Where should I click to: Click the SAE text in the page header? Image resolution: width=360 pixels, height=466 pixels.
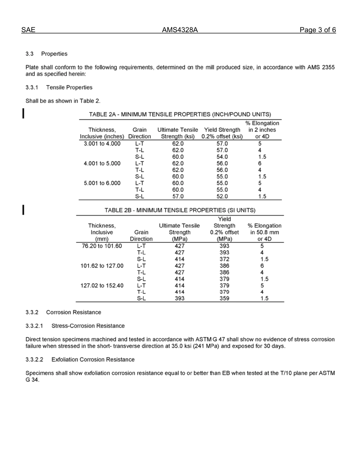(x=28, y=30)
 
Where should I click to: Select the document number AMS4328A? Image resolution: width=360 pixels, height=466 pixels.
(x=180, y=30)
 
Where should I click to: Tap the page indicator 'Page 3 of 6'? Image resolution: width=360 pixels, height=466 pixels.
(x=317, y=30)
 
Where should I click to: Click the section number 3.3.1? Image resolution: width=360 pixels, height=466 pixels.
(x=32, y=88)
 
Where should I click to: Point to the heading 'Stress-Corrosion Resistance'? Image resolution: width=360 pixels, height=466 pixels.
(x=88, y=326)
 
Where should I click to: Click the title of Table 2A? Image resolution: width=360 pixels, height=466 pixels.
(x=180, y=114)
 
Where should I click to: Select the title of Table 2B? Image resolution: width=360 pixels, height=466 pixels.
(x=180, y=210)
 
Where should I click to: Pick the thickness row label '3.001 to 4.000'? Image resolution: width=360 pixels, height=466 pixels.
(x=102, y=144)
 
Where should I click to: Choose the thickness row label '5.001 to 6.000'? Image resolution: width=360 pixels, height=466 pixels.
(x=102, y=183)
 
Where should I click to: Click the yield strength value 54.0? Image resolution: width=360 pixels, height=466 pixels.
(x=222, y=157)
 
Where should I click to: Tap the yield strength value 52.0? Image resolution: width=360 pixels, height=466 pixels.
(x=222, y=196)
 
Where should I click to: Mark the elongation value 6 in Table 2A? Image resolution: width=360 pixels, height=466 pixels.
(x=260, y=163)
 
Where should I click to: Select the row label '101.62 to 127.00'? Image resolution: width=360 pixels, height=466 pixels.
(x=102, y=266)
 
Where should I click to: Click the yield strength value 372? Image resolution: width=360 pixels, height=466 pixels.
(x=224, y=259)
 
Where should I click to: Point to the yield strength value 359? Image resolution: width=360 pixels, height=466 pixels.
(x=224, y=299)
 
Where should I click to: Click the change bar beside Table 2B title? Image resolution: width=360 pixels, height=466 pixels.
(x=24, y=210)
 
